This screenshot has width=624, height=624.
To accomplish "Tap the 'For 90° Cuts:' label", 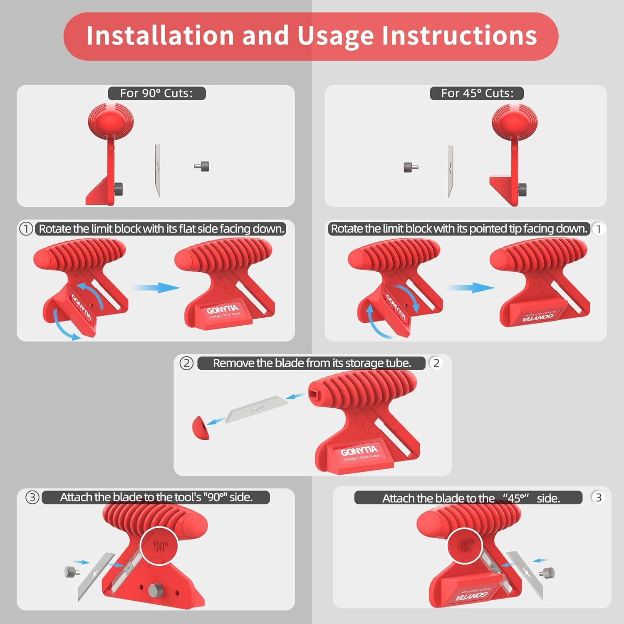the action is tap(156, 93).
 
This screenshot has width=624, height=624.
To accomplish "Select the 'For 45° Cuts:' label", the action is tap(477, 93).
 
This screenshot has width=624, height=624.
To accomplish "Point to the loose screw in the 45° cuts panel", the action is tap(411, 167).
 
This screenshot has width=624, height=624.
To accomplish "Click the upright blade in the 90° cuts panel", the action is tap(157, 171).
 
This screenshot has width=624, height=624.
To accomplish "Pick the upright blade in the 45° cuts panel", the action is tap(451, 172).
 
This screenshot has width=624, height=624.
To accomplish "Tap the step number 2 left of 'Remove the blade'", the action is tap(186, 363).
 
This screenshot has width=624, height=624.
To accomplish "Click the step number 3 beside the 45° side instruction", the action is tap(598, 498).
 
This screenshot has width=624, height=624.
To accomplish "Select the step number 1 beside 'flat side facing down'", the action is tap(26, 229).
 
